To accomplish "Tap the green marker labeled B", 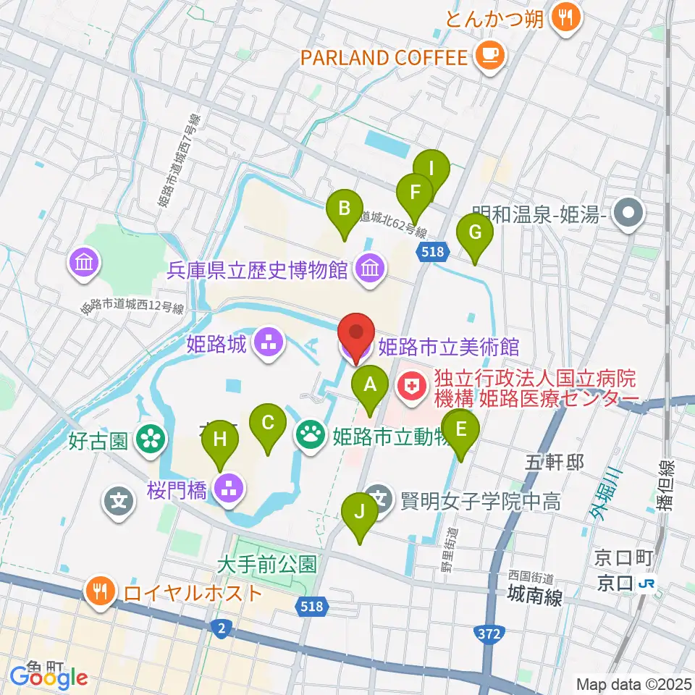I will pyautogui.click(x=345, y=210).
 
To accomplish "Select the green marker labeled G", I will pyautogui.click(x=475, y=234).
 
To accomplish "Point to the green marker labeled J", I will pyautogui.click(x=359, y=513).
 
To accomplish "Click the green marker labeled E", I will pyautogui.click(x=460, y=429).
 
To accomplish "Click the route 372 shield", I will pyautogui.click(x=490, y=634).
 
